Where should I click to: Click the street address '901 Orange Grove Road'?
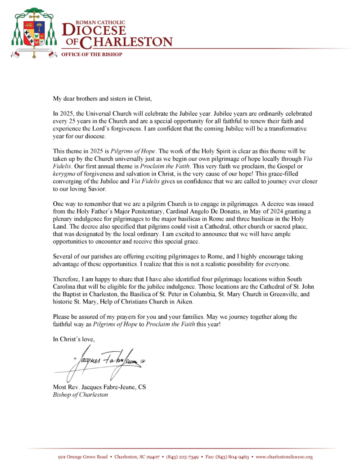pyautogui.click(x=83, y=457)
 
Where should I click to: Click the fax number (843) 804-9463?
pyautogui.click(x=233, y=457)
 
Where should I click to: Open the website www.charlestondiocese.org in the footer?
pyautogui.click(x=284, y=457)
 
